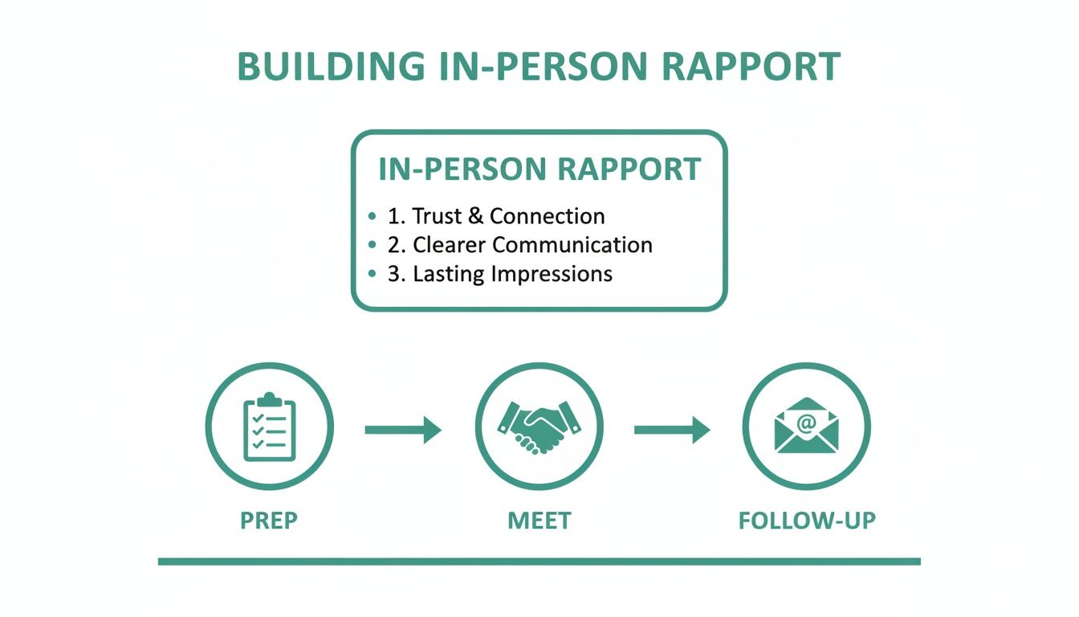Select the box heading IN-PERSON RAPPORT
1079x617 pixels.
click(539, 170)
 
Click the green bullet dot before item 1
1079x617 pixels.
click(371, 217)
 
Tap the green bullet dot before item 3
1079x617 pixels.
click(371, 275)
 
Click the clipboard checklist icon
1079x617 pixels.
click(270, 427)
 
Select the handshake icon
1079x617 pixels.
click(539, 427)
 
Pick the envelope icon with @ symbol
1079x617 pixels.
click(806, 427)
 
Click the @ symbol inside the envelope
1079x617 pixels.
click(806, 420)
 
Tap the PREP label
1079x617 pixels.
click(269, 521)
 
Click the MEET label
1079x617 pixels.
click(539, 521)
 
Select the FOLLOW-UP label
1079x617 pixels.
click(807, 521)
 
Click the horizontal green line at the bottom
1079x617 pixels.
click(539, 561)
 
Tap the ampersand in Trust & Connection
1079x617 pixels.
click(478, 216)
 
